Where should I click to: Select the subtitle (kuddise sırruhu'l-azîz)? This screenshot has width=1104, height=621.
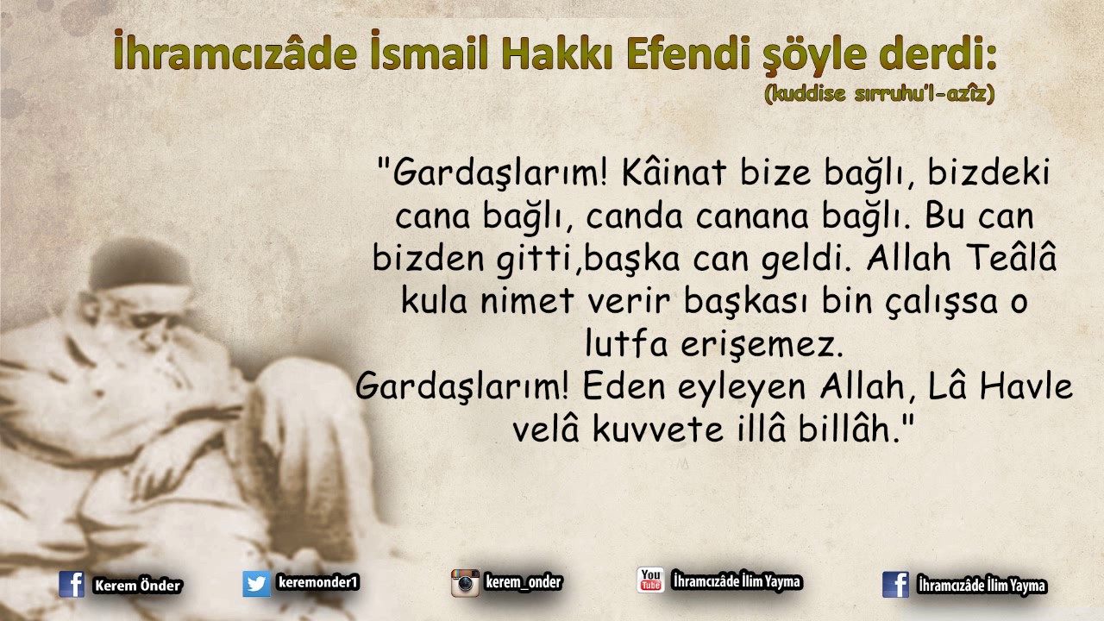879,95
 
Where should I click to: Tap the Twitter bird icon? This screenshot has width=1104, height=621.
256,584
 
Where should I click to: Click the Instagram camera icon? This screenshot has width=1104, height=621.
465,583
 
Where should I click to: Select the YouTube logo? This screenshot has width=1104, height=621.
650,580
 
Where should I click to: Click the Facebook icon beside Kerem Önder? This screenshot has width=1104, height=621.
72,585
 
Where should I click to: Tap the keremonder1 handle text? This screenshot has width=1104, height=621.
317,583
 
